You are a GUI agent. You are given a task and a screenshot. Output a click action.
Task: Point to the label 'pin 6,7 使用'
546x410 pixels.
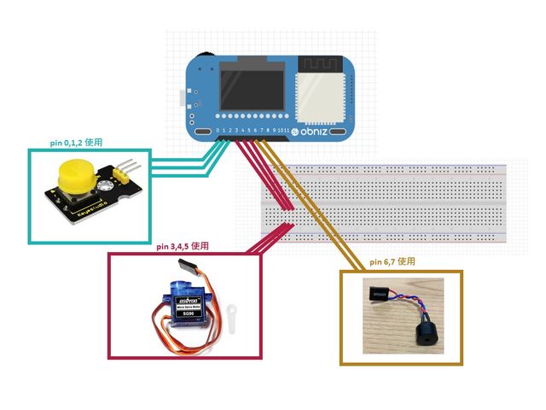point(393,261)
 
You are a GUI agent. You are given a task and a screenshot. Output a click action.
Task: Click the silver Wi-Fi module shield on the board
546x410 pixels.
point(322,93)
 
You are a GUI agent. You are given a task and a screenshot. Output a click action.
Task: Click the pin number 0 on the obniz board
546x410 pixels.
point(218,130)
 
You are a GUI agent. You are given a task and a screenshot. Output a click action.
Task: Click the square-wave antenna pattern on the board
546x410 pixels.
point(322,63)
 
